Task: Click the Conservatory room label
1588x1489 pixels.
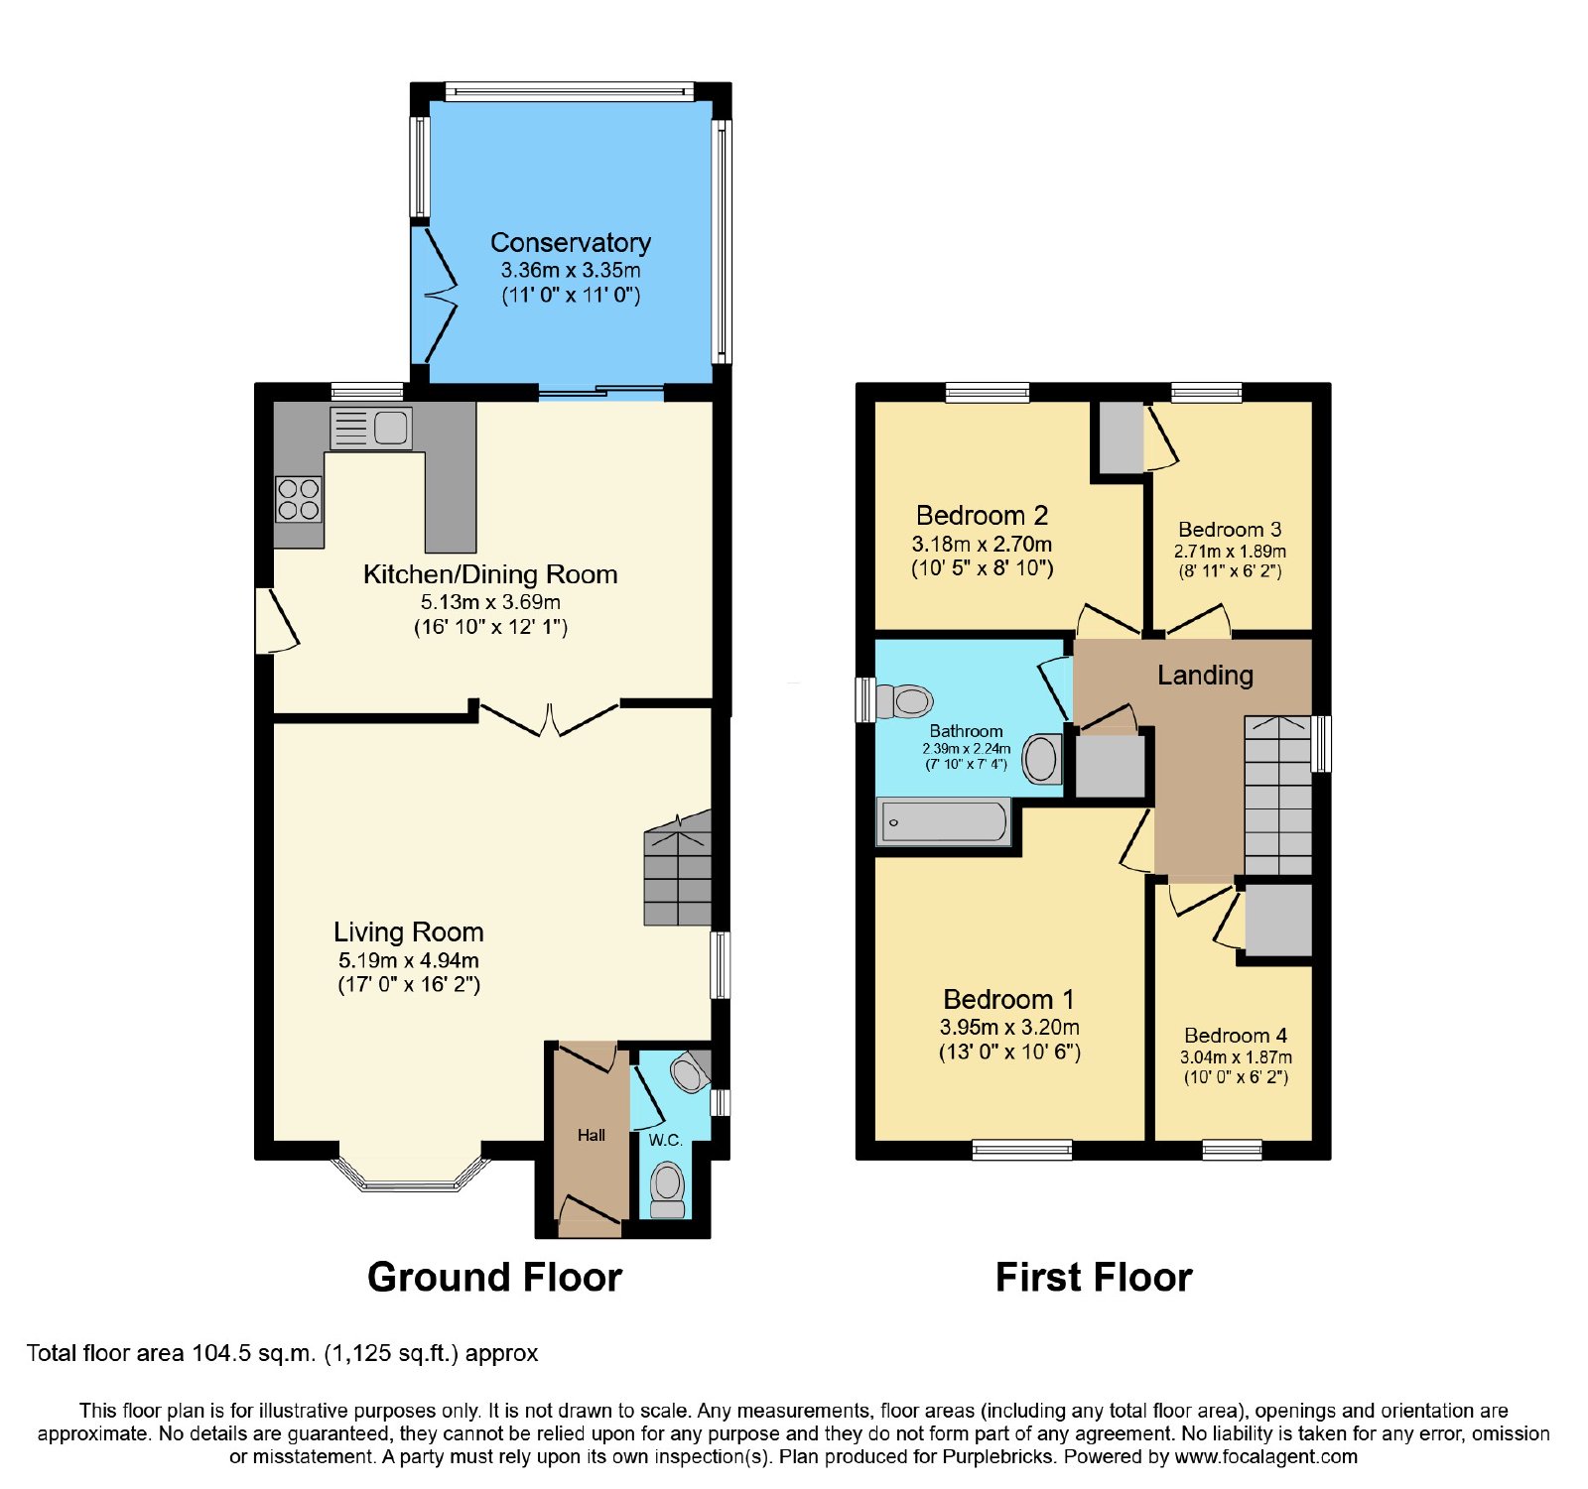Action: click(571, 243)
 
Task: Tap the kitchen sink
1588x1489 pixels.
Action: click(371, 428)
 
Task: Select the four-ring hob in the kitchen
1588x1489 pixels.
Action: click(299, 499)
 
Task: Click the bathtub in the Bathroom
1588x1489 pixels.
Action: click(944, 822)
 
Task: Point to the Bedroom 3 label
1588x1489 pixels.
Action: click(1230, 530)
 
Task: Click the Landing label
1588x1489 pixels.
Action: click(1205, 676)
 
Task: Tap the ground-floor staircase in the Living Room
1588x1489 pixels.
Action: click(678, 869)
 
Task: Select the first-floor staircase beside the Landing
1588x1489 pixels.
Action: click(1278, 796)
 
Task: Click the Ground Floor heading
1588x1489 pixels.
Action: click(494, 1278)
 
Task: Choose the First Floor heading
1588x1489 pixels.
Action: click(1094, 1278)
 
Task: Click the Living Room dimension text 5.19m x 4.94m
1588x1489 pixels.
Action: click(409, 960)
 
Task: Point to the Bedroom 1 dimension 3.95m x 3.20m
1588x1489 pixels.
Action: click(1009, 1028)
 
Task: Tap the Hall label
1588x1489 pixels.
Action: click(592, 1135)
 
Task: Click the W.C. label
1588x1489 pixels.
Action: click(666, 1140)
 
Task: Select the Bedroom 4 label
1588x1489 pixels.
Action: click(1236, 1036)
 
